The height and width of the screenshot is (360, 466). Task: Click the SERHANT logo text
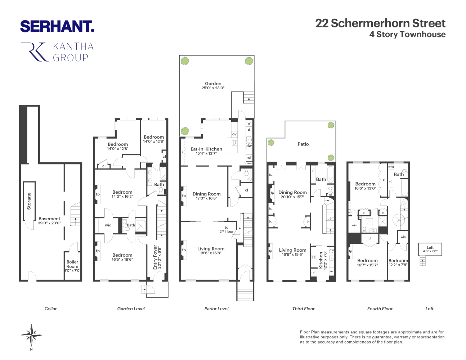point(57,26)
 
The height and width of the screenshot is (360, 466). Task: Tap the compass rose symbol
point(31,336)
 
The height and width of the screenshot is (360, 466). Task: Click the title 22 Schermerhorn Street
point(380,23)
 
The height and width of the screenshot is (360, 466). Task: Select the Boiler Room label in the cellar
point(72,264)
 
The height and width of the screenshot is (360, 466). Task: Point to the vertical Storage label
point(29,201)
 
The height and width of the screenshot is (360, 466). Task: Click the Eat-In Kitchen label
point(206,149)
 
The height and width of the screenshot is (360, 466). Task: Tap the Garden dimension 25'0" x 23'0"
point(213,88)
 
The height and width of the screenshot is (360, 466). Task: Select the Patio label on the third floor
point(303,144)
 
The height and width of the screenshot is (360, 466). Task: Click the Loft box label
point(430,248)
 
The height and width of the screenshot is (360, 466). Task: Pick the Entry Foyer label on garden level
point(155,257)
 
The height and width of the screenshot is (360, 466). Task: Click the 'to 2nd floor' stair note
point(227,230)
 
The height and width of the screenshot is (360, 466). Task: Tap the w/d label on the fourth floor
point(391,167)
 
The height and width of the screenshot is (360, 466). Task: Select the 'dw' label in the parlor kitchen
point(249,146)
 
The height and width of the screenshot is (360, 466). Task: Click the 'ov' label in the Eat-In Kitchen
point(234,134)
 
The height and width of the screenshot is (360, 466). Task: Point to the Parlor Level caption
point(216,309)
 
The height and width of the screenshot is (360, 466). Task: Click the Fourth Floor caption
point(380,309)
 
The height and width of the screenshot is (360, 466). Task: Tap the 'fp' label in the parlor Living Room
point(184,250)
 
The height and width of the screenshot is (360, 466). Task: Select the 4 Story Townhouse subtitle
point(407,35)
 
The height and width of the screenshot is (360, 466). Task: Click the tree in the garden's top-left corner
point(185,61)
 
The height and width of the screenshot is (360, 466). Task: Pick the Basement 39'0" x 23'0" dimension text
point(50,223)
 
